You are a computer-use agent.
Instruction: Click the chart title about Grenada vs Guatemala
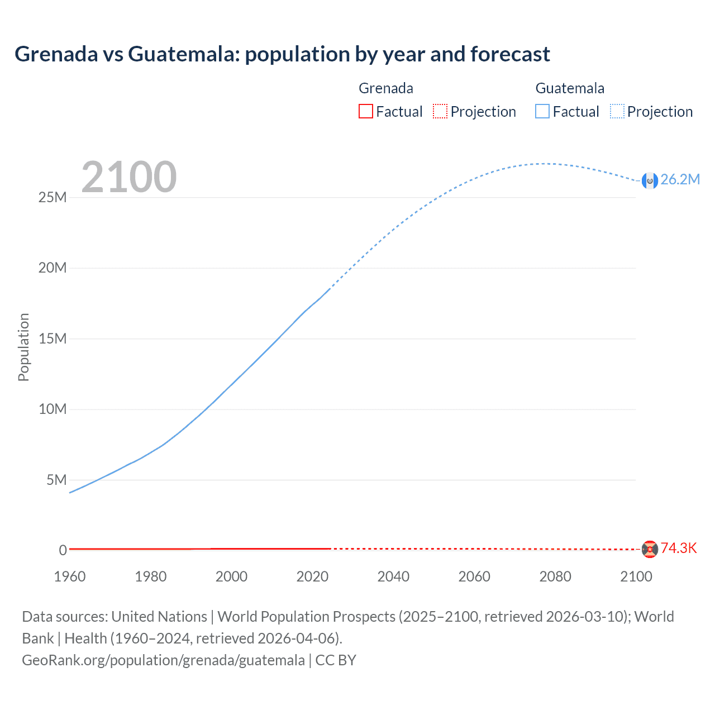(x=282, y=54)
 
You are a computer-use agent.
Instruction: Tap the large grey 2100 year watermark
(x=129, y=177)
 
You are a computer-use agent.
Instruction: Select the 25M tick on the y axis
(x=53, y=198)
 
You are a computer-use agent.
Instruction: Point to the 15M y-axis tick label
(x=53, y=339)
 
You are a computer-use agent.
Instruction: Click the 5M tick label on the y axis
(x=56, y=480)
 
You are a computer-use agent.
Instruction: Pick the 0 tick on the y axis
(x=63, y=551)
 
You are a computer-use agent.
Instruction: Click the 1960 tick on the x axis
(x=70, y=576)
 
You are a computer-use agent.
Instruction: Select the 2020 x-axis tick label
(x=312, y=576)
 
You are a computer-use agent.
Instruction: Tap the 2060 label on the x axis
(x=474, y=576)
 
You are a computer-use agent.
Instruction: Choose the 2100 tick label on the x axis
(x=636, y=576)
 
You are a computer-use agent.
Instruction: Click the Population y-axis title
(x=23, y=347)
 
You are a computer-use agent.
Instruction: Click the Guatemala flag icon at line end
(x=650, y=180)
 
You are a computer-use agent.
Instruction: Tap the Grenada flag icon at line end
(x=650, y=549)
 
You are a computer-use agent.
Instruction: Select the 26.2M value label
(x=680, y=179)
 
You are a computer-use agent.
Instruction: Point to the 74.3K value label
(x=679, y=548)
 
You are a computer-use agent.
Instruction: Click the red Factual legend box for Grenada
(x=366, y=112)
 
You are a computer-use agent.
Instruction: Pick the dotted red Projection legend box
(x=440, y=112)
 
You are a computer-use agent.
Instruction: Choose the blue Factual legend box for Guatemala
(x=542, y=112)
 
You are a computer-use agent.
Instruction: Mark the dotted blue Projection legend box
(x=617, y=112)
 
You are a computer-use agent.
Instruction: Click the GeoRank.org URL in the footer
(x=163, y=660)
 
